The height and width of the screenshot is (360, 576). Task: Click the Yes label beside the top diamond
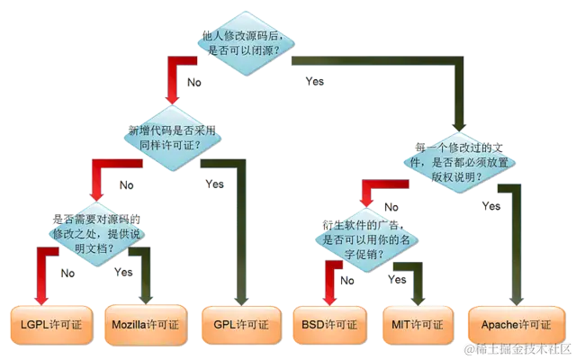pos(315,82)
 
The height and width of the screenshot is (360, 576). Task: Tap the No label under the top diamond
pos(193,83)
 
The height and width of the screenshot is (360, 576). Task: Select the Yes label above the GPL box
pos(214,185)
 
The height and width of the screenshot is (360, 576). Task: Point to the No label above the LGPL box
pos(67,273)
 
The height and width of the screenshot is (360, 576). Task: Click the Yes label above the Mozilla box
pos(124,271)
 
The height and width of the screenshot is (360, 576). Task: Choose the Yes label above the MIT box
pos(398,279)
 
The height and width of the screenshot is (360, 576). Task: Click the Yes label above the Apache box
pos(491,206)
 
